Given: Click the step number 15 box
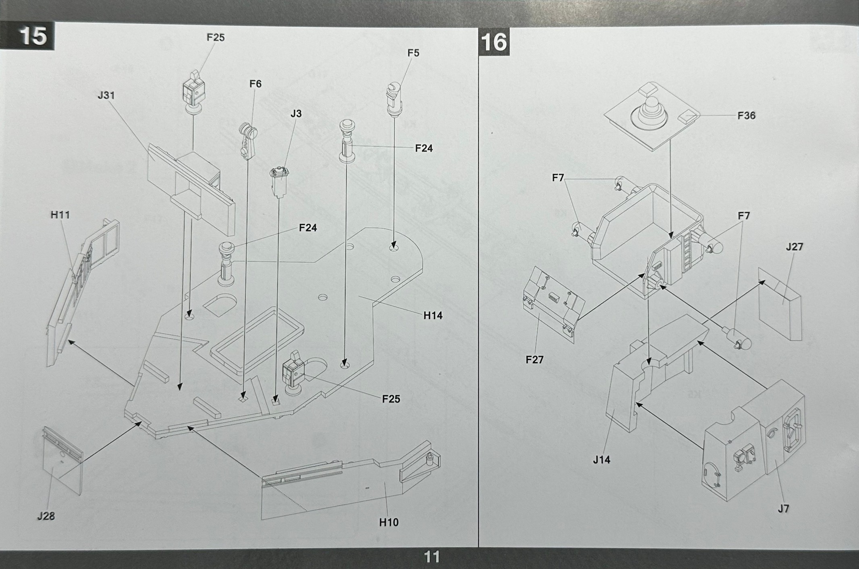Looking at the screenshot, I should coord(33,36).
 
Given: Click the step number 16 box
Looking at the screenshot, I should coord(494,42).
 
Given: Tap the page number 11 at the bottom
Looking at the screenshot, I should coord(432,557).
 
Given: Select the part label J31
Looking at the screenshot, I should coord(106,96).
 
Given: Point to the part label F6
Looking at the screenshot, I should coord(255,84).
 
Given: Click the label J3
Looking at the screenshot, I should coord(296,114).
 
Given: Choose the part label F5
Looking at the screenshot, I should coord(413,53).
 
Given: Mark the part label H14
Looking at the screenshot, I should coord(433,316).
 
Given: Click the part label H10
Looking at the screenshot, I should coord(388,522).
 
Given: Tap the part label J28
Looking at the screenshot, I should coord(46,516).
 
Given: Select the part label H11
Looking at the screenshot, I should coord(60,215).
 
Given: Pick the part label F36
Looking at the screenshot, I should coord(746,116).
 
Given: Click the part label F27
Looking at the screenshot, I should coord(534,359).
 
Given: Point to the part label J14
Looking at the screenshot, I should coord(601,459).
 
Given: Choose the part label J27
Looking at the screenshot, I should coord(794,247).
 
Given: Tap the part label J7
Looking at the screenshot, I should coord(783,509).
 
